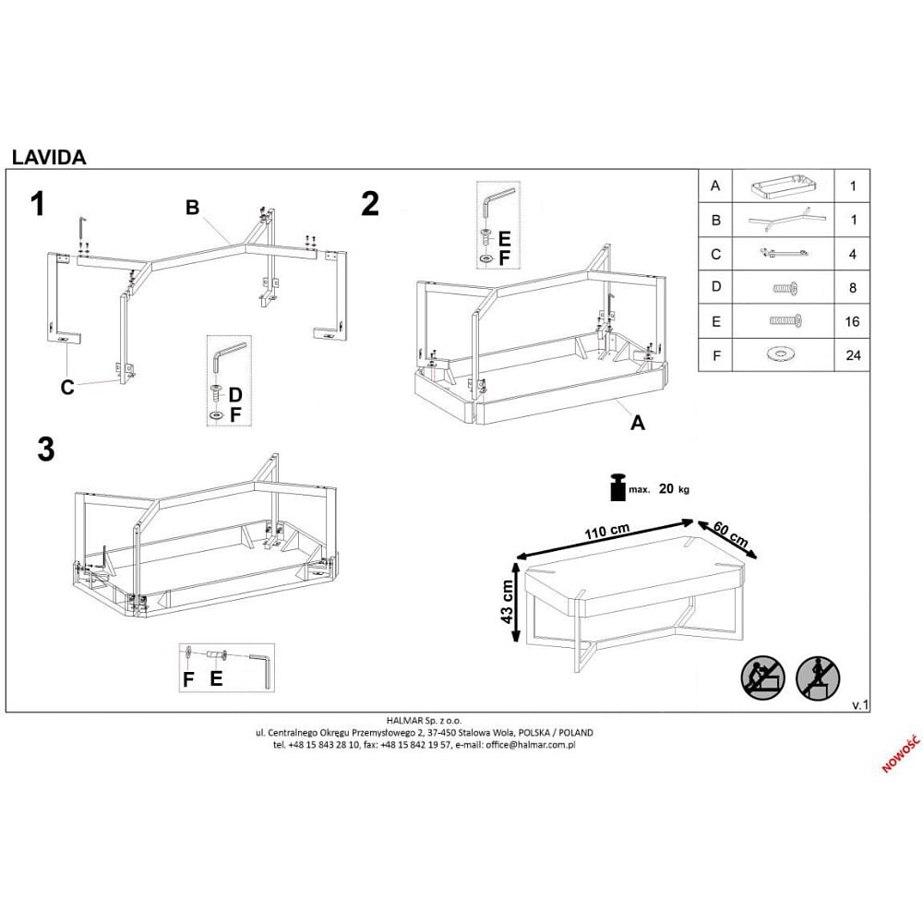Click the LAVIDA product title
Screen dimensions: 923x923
click(49, 157)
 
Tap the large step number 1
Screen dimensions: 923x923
click(38, 204)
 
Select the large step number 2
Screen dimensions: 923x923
click(370, 204)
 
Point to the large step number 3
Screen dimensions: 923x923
click(45, 450)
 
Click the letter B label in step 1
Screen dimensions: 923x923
click(192, 208)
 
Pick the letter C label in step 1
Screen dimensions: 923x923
click(67, 388)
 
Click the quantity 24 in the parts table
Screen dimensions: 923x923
click(852, 354)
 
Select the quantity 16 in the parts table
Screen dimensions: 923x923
click(852, 321)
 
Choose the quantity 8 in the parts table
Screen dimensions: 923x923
click(852, 288)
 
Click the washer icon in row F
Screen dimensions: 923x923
click(783, 354)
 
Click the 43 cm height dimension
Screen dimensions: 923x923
click(508, 603)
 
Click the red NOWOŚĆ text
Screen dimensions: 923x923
click(900, 754)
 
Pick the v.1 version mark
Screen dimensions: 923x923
click(859, 704)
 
